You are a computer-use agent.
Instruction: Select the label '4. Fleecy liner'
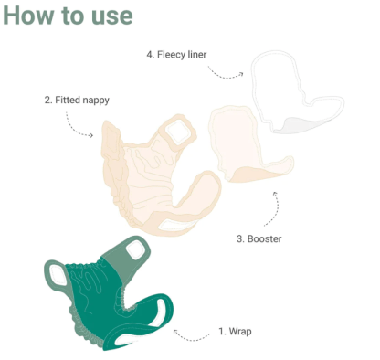click(176, 55)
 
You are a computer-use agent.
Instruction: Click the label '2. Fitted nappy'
click(77, 100)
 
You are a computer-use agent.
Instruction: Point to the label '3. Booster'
click(259, 238)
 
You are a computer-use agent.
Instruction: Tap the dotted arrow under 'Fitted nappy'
click(80, 128)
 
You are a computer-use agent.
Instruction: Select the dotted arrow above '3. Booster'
click(272, 208)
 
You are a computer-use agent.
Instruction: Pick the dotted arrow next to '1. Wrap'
click(193, 335)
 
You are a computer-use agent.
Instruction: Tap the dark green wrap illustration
click(100, 302)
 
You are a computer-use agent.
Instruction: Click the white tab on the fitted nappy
click(176, 133)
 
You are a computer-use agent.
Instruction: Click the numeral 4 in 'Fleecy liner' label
click(150, 55)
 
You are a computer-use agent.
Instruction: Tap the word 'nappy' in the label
click(95, 100)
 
